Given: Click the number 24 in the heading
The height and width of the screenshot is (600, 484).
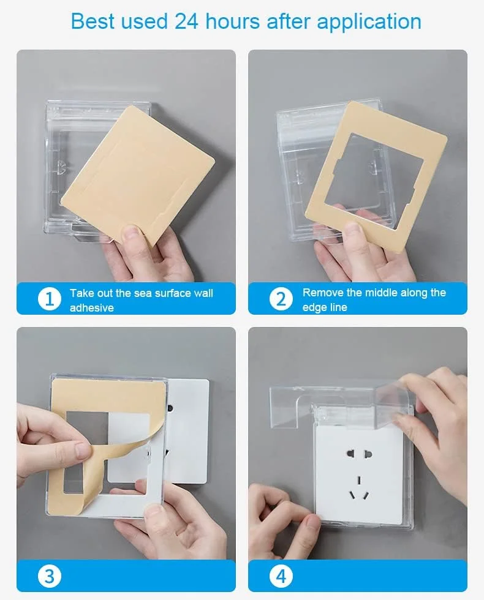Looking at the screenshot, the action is click(x=186, y=21).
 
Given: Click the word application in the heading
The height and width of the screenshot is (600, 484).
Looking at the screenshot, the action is click(x=369, y=22).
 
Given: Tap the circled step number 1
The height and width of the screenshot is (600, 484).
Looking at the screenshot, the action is click(x=50, y=299).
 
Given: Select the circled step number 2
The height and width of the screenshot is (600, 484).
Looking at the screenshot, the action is click(x=281, y=299).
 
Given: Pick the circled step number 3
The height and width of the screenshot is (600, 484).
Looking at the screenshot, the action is click(x=50, y=576).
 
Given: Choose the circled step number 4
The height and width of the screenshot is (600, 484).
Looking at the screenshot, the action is click(x=281, y=576).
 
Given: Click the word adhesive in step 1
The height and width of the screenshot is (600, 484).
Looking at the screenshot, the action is click(x=91, y=307).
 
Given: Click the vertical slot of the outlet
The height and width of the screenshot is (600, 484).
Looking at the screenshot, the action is click(x=359, y=480).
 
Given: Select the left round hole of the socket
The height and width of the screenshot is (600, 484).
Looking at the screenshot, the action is click(x=350, y=454).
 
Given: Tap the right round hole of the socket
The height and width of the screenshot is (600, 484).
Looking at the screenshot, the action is click(x=368, y=455).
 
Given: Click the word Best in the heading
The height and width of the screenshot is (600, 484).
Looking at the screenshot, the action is click(x=93, y=21).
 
